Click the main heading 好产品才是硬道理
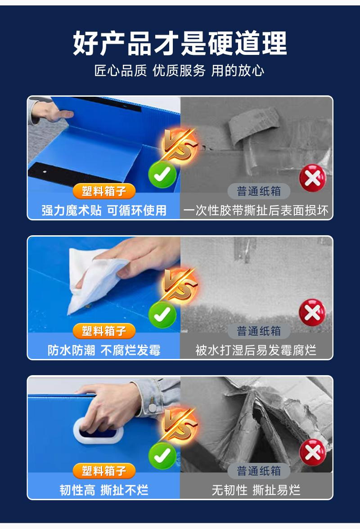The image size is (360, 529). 180,44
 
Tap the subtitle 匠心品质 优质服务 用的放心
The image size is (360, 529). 180,71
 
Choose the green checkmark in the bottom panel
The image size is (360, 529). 162,455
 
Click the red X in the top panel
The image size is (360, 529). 312,178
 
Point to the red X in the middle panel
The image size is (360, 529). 312,312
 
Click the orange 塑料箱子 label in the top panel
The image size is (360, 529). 104,192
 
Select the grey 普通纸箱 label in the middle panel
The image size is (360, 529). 259,332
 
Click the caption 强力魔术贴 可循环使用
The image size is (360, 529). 104,210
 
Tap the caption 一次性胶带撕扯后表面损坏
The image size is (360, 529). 256,210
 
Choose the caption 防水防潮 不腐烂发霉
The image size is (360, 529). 104,350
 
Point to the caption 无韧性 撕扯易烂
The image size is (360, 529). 256,490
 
